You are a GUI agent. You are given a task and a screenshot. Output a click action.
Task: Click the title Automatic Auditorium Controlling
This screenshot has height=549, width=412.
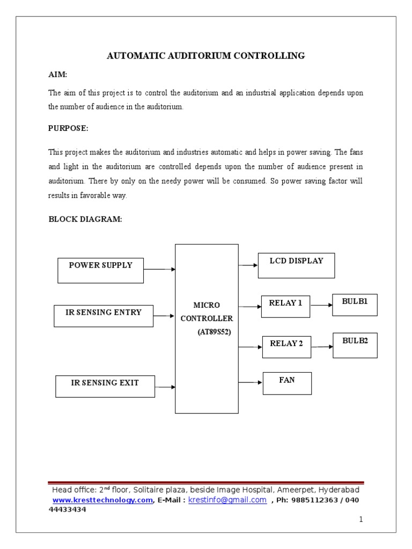coord(206,56)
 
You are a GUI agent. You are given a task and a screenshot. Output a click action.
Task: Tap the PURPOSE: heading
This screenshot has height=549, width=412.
coord(68,129)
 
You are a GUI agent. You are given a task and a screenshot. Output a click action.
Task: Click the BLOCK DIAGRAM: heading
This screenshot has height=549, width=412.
coord(85,219)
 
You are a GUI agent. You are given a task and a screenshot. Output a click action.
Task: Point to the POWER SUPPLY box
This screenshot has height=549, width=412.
coord(100,270)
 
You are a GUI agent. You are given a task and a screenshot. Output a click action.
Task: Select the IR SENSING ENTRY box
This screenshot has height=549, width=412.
coord(104,316)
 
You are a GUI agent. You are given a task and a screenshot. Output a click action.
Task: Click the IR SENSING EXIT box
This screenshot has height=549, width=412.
coord(105,386)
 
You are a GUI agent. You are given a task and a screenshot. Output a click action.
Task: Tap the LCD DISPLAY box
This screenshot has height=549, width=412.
coord(296,265)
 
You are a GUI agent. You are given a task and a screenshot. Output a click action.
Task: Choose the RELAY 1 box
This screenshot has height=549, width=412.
coord(285,306)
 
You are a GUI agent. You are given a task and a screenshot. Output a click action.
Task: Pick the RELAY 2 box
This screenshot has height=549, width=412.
coord(286,347)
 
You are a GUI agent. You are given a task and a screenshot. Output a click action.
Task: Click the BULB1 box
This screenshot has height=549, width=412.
coord(355,305)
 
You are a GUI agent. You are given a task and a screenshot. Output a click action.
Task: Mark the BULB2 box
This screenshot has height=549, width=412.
coord(355,345)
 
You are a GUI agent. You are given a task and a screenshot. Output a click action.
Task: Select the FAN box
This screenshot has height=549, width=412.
coord(287,383)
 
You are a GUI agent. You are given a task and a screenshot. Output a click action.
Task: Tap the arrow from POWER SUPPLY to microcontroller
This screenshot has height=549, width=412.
coord(159,269)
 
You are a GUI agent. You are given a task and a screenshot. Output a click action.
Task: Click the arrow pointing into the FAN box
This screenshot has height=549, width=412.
coord(251,382)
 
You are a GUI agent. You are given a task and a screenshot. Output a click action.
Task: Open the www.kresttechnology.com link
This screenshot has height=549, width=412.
coord(102,500)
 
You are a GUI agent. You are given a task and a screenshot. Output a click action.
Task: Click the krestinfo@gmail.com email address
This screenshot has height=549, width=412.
coord(227,500)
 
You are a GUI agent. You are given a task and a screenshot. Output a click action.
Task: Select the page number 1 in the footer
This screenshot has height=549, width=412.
coord(362,520)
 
